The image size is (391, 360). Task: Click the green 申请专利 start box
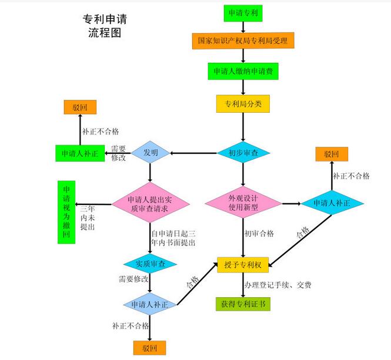click(x=243, y=13)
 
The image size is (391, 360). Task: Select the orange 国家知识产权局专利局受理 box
click(x=243, y=41)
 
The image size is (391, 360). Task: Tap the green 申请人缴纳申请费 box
click(x=243, y=71)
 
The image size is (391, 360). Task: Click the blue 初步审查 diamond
click(x=243, y=152)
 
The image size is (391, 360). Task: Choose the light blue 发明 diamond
click(x=150, y=153)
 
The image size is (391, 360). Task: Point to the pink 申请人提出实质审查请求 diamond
click(x=151, y=203)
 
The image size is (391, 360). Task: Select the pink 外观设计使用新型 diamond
click(x=243, y=203)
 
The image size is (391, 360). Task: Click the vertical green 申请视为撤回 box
click(x=66, y=213)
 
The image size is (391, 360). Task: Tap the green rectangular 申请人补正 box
click(x=80, y=153)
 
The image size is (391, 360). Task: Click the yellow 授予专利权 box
click(x=242, y=265)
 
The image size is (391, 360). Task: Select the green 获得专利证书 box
click(x=243, y=304)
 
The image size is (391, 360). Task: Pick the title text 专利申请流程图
click(x=104, y=25)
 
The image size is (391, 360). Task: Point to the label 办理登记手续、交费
click(x=278, y=285)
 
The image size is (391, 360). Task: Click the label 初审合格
click(x=259, y=234)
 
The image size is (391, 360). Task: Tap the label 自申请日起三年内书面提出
click(x=173, y=237)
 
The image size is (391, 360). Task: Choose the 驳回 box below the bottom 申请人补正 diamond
click(x=150, y=348)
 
